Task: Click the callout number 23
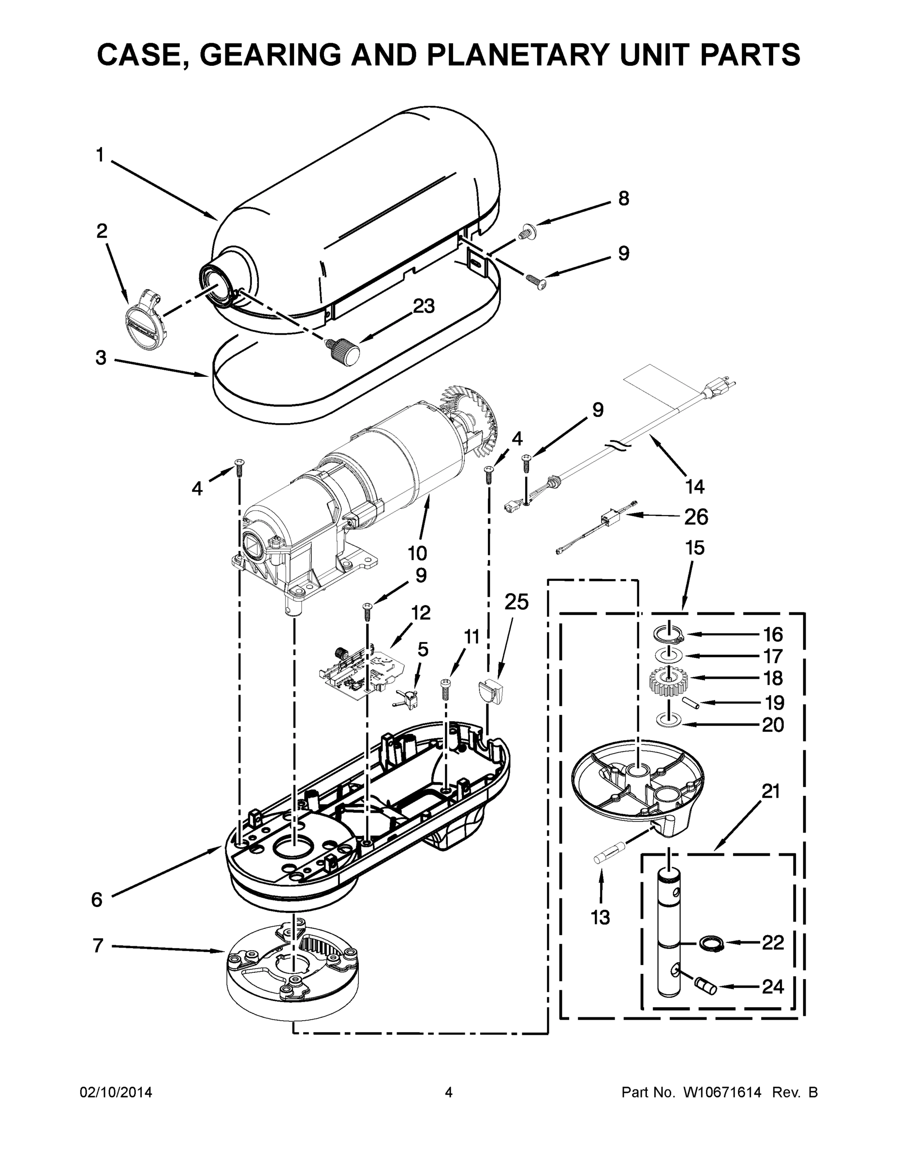click(x=424, y=306)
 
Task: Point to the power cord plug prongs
click(x=729, y=383)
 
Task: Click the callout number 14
click(x=694, y=486)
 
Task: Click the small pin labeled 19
click(x=692, y=702)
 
